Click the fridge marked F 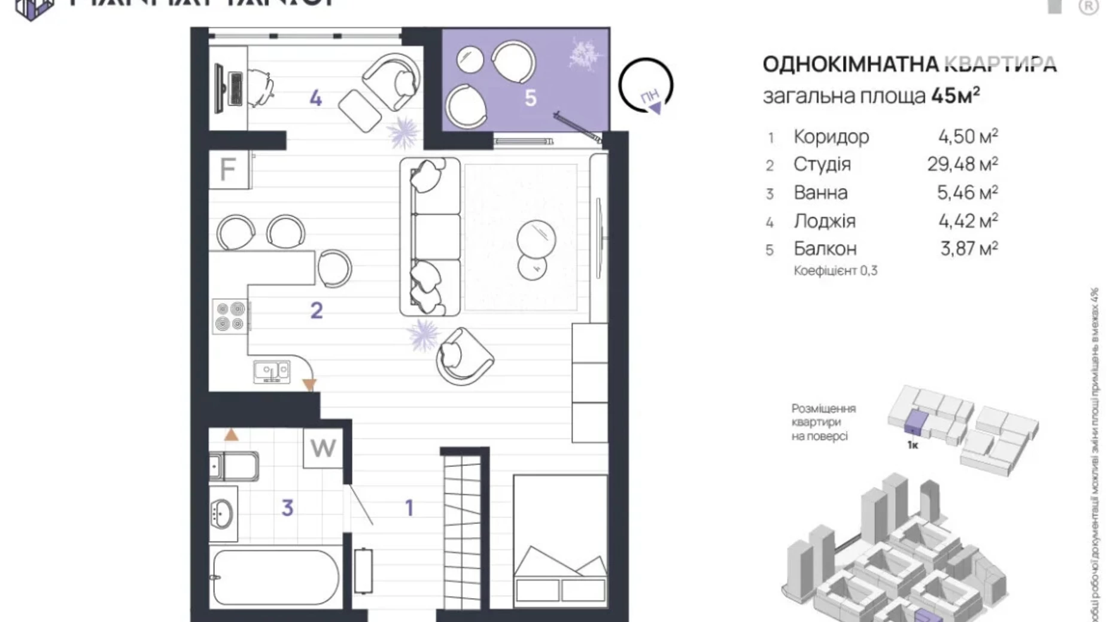coord(228,169)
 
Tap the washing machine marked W coord(323,448)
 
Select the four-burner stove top coord(230,316)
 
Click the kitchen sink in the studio coord(272,371)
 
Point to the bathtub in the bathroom coord(276,577)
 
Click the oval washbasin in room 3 coord(222,514)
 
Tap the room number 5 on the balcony coord(530,98)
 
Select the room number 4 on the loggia coord(315,98)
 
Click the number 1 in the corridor coord(409,508)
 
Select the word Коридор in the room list coord(831,137)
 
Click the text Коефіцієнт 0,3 coord(835,271)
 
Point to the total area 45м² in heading coord(955,96)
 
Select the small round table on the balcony coord(470,60)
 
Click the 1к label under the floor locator coord(913,445)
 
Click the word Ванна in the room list coord(820,193)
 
